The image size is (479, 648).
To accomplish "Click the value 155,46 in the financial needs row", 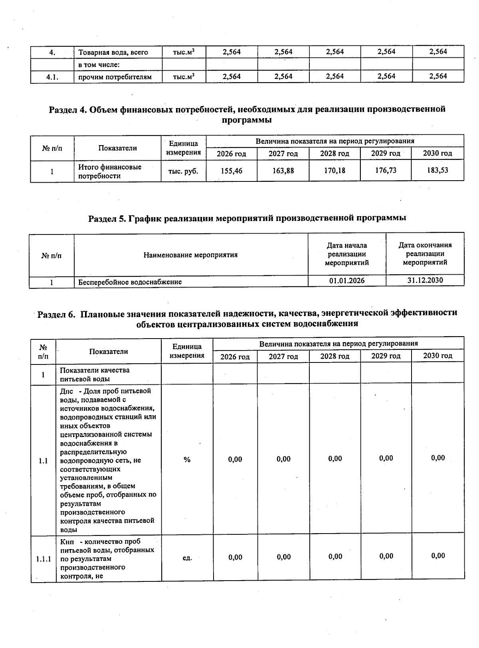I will (x=232, y=171).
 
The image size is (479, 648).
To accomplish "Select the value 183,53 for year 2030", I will (x=437, y=170).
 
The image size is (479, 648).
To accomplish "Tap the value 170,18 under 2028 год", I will (x=335, y=171).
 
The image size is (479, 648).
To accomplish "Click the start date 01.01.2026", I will (x=346, y=280).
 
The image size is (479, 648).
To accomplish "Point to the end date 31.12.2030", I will (x=425, y=280).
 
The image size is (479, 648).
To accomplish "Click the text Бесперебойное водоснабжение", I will (x=130, y=282).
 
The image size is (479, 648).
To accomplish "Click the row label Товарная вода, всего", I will (x=113, y=52).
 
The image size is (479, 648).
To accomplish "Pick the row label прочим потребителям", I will (x=115, y=77).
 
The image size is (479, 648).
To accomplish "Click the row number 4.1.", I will (x=52, y=77).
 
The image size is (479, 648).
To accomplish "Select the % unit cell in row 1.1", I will (x=187, y=460).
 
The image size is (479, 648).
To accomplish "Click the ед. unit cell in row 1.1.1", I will (x=187, y=557).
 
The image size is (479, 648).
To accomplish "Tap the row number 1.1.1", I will (x=44, y=559).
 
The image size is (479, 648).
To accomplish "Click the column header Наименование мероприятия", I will (x=190, y=255).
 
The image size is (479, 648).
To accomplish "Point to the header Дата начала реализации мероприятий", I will (x=346, y=254).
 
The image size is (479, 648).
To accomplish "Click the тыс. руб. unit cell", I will (x=183, y=171).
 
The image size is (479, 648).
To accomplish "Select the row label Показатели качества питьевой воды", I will (x=95, y=374).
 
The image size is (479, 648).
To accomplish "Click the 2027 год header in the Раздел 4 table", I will (x=283, y=154).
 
